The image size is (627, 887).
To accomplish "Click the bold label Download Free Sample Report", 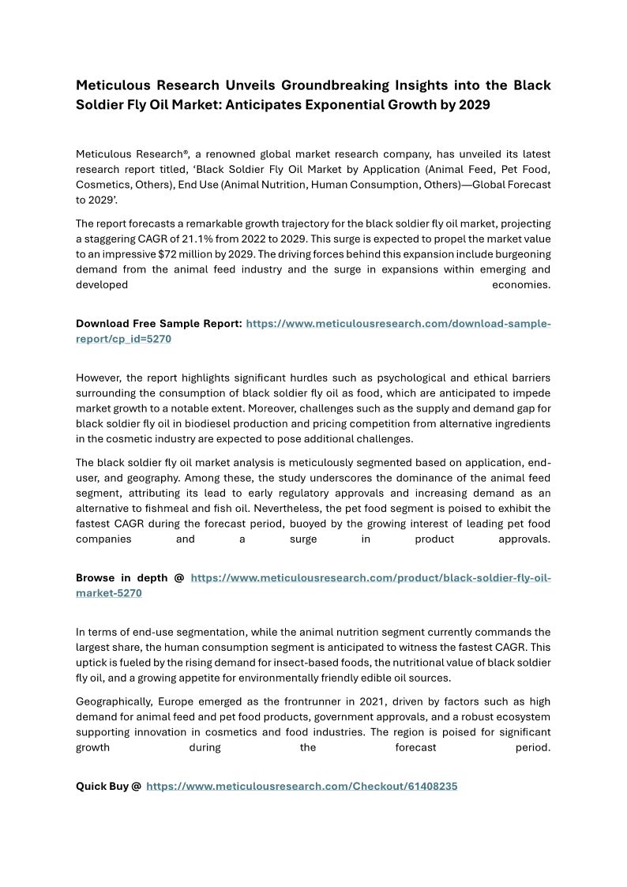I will (x=159, y=324).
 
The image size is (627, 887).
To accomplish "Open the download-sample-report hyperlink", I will (x=398, y=324).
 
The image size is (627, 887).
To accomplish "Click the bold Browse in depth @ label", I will (x=130, y=577).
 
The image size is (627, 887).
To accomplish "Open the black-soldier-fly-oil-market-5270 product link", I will (x=370, y=577).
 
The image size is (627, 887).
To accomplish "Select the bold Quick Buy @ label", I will (x=108, y=787).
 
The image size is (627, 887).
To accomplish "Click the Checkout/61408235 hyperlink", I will (x=302, y=787).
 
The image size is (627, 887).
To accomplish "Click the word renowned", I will (x=235, y=153).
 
